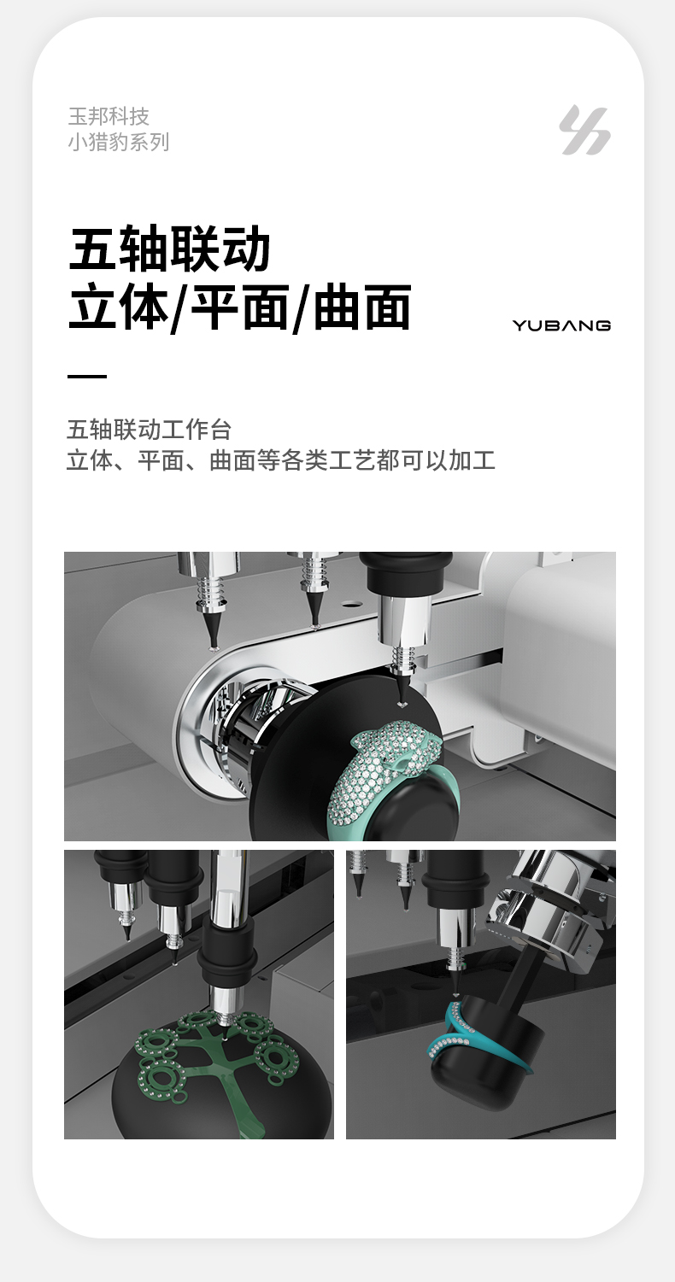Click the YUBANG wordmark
561,325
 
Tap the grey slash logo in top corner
584,130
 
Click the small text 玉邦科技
109,116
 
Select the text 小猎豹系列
119,142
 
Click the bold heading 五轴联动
169,249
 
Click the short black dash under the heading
87,376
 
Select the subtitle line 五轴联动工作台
150,430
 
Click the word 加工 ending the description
472,460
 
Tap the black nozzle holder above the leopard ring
407,573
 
